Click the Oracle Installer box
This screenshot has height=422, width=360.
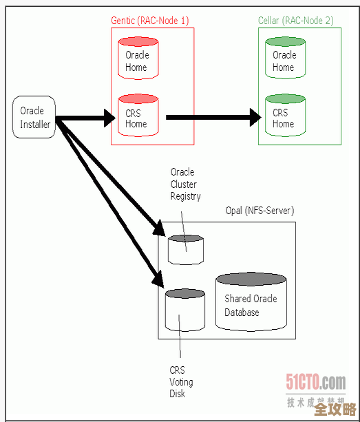(34, 117)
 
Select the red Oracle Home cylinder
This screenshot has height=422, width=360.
(138, 60)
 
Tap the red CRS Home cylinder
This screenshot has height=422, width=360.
(138, 116)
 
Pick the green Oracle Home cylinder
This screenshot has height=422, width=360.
(285, 60)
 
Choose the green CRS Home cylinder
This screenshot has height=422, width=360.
(285, 116)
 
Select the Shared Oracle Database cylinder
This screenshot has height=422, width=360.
(251, 304)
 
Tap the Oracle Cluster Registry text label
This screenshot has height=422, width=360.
(185, 184)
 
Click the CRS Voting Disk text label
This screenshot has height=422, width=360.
(181, 382)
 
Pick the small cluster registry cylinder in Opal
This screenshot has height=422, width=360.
(186, 250)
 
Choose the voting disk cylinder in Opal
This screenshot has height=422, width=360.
(185, 310)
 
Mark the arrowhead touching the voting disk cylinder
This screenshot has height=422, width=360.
(156, 279)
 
